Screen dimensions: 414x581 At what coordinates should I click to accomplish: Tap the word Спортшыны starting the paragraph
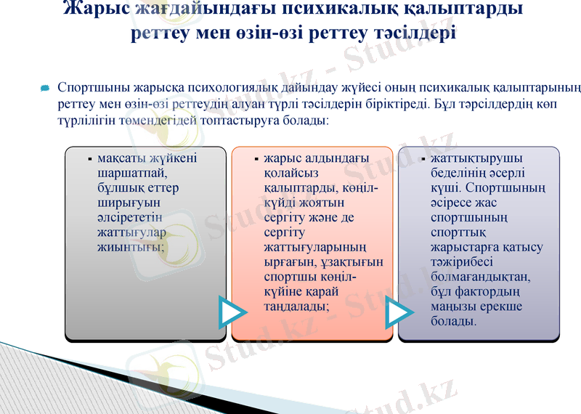click(89, 89)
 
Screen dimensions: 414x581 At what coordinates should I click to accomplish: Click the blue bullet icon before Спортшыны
click(45, 89)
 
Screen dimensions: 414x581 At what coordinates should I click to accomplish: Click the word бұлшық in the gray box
click(120, 188)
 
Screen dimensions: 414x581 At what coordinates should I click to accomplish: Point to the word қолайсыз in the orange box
click(291, 173)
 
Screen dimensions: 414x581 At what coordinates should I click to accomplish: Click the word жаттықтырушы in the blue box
click(475, 158)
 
